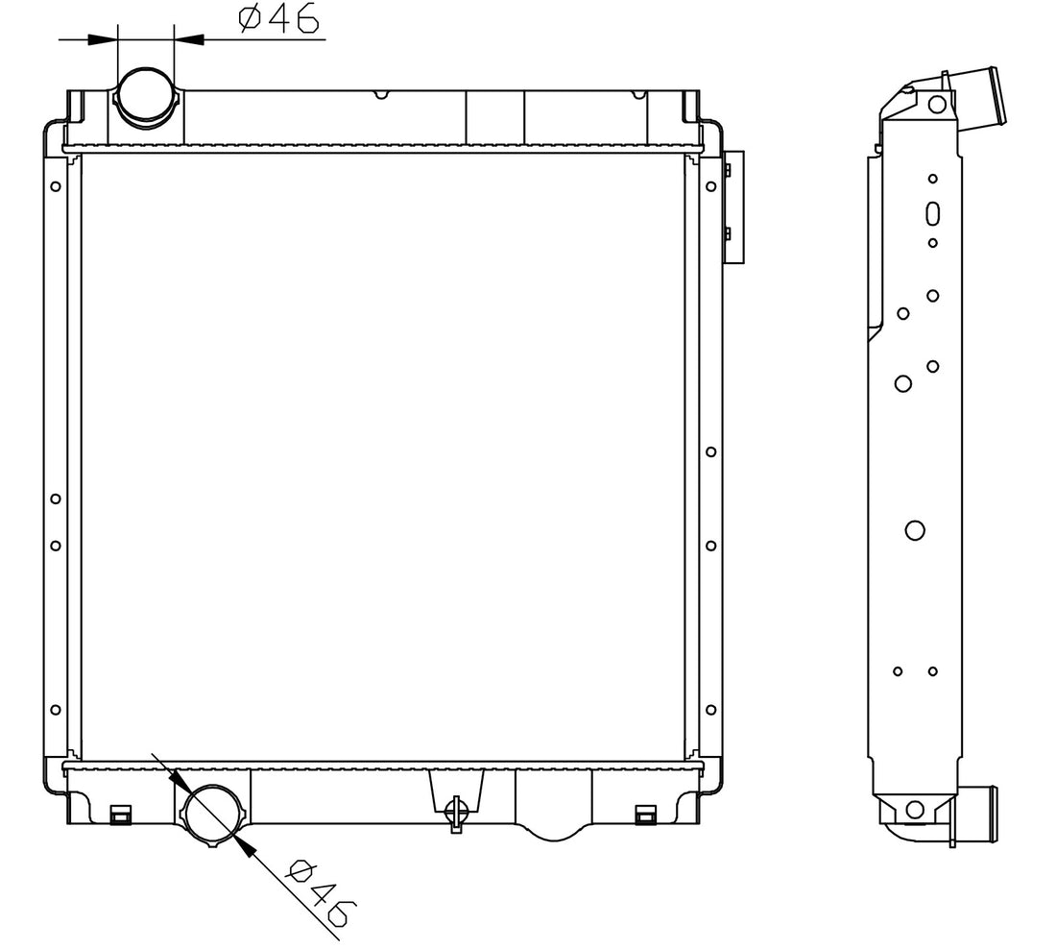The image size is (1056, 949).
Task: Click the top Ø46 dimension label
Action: pyautogui.click(x=278, y=19)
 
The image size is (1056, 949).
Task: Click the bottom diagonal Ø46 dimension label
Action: pyautogui.click(x=320, y=892)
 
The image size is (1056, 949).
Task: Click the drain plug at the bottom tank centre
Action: pyautogui.click(x=456, y=813)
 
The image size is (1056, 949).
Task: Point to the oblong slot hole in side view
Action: pyautogui.click(x=933, y=213)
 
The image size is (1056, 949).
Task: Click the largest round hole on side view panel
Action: pyautogui.click(x=915, y=530)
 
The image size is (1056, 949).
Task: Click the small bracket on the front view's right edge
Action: pyautogui.click(x=733, y=207)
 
